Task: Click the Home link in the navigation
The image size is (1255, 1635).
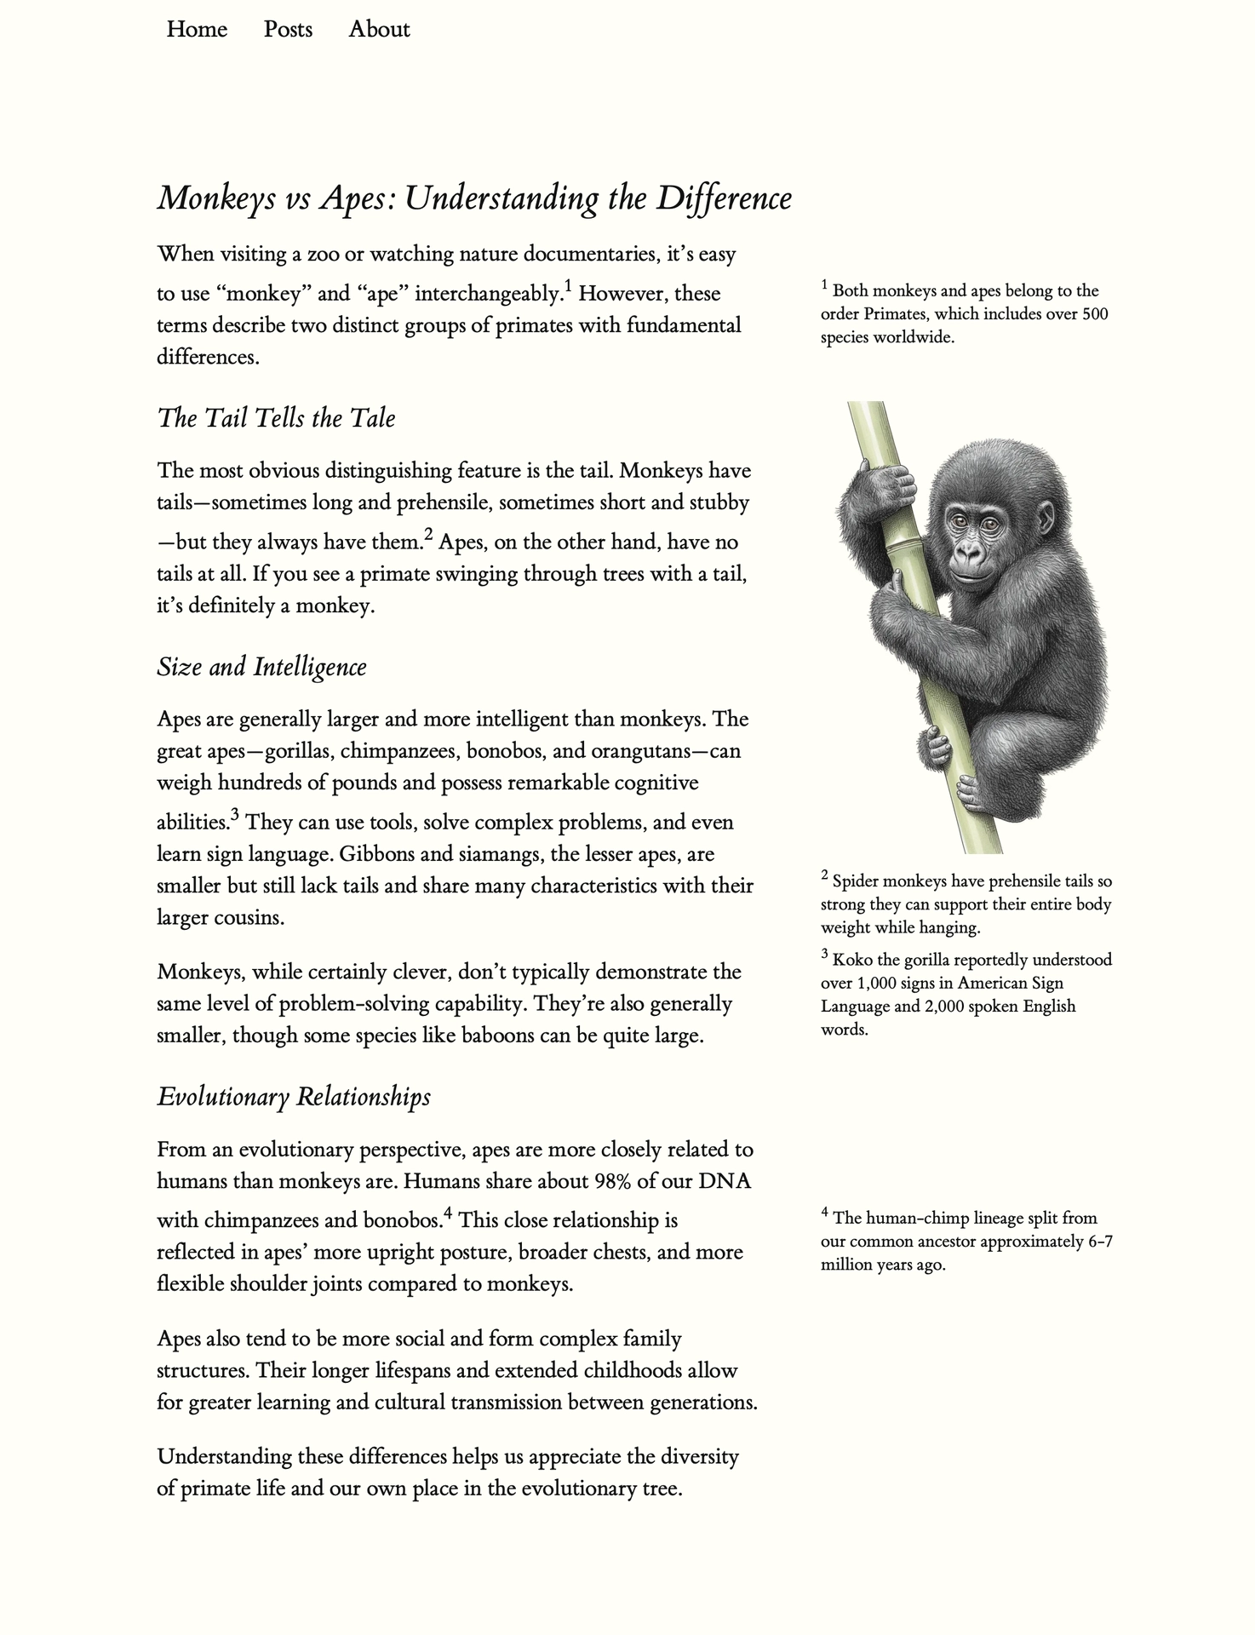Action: (197, 30)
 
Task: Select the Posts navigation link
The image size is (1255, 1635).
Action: (288, 30)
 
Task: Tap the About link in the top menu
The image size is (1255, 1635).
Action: (379, 30)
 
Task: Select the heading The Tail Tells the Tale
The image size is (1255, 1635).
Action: (276, 418)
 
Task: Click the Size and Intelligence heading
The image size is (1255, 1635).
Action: (261, 667)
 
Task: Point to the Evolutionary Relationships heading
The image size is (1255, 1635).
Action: (293, 1097)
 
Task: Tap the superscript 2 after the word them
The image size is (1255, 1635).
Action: (428, 535)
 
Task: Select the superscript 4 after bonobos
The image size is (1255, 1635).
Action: (448, 1213)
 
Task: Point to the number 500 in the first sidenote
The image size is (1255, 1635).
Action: (1095, 314)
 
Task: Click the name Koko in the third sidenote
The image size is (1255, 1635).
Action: (852, 961)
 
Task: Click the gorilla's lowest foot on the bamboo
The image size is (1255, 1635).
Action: (976, 794)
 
